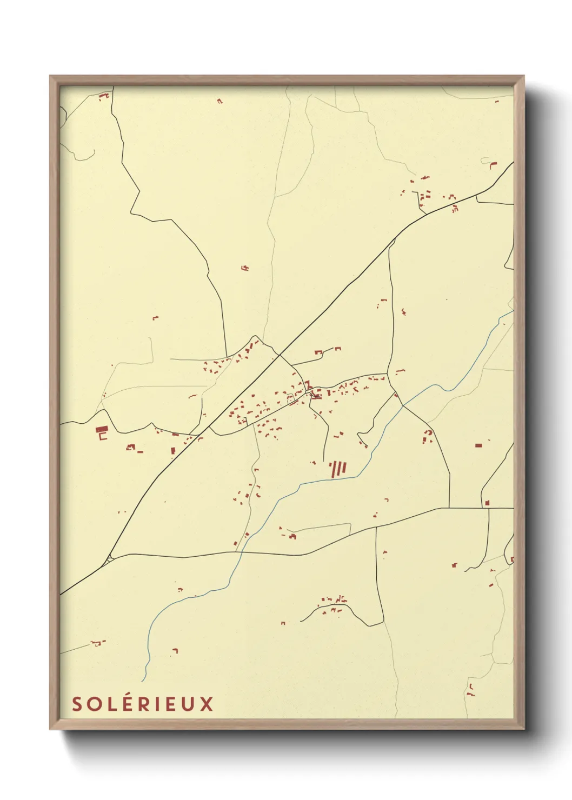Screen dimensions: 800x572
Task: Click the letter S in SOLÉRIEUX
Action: [77, 704]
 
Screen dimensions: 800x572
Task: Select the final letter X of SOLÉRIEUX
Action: [208, 704]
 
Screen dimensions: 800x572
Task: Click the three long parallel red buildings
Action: [339, 468]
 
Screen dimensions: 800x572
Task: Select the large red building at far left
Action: [101, 431]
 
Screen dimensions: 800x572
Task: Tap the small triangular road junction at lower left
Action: [110, 557]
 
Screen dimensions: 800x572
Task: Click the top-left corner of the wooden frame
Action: [50, 76]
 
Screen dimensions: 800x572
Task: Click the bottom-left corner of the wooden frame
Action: [50, 729]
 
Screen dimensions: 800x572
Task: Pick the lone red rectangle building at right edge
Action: [478, 445]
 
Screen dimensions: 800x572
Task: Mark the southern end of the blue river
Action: [144, 680]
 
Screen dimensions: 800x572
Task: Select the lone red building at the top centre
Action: [220, 101]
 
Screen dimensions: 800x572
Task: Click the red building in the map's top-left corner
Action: [103, 97]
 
